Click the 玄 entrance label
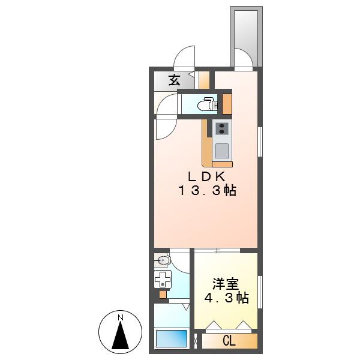pos(175,80)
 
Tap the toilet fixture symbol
pos(208,104)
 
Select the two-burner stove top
pos(222,128)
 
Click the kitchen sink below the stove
pos(222,151)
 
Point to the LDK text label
pos(206,177)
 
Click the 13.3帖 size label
pos(208,191)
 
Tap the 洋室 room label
pos(226,284)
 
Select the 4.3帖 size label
pos(227,298)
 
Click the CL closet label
pos(229,341)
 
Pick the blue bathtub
pos(172,339)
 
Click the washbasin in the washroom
pos(162,260)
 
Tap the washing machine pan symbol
pos(163,279)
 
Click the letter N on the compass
pos(121,318)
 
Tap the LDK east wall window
pos(260,142)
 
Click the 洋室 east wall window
pos(260,292)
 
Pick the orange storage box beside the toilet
pos(227,104)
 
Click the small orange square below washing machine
pos(163,295)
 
